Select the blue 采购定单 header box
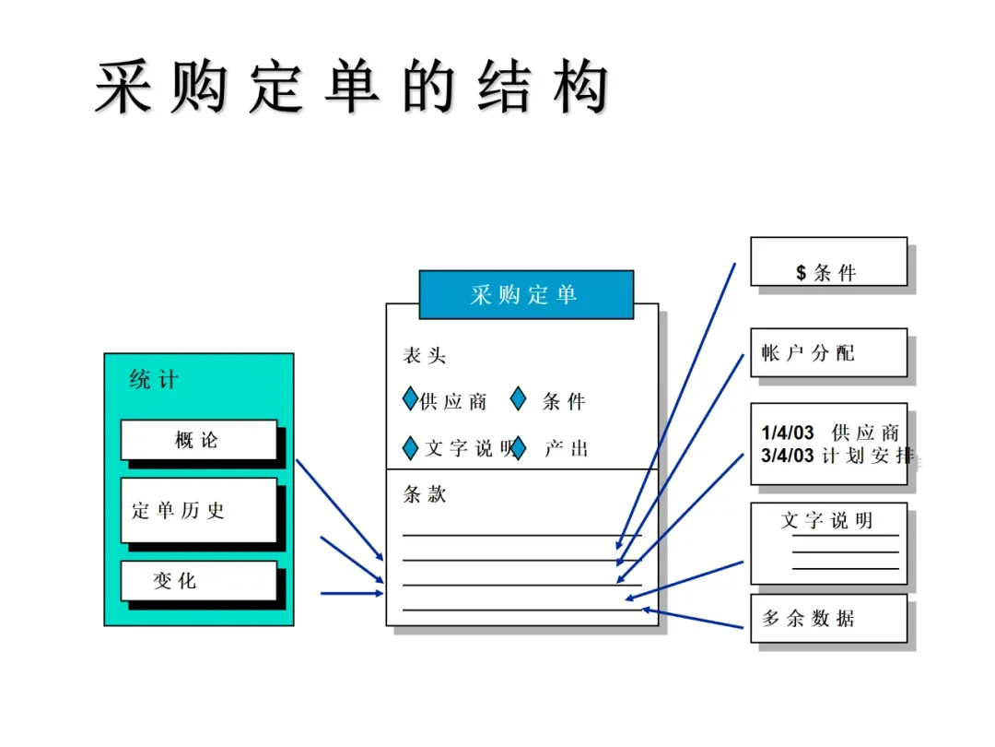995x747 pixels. pos(525,295)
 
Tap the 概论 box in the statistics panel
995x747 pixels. pos(198,440)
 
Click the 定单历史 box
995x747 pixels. pos(198,510)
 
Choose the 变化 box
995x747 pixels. pos(198,581)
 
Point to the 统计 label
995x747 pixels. pos(154,380)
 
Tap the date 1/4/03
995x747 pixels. pos(788,433)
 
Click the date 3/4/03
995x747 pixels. pos(788,456)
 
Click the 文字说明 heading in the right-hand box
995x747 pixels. pos(826,521)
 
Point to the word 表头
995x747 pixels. pos(424,357)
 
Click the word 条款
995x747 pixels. pos(424,494)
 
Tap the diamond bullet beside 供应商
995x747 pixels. pos(410,401)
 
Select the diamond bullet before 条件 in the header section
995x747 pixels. pos(518,400)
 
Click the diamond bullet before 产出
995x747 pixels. pos(518,448)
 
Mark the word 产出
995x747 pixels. pos(566,449)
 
